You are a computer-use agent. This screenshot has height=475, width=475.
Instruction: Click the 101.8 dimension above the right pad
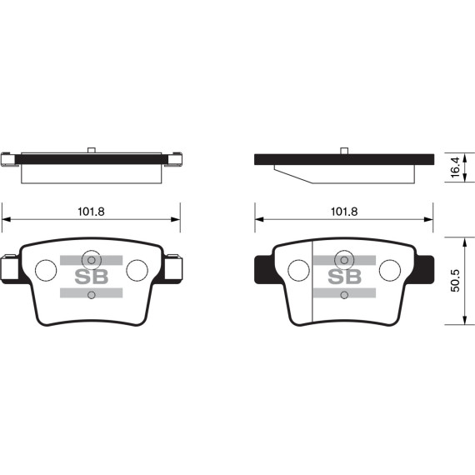click(343, 212)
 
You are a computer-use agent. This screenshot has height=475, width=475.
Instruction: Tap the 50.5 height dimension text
click(454, 279)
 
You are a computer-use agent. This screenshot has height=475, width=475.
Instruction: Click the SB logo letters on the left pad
click(92, 277)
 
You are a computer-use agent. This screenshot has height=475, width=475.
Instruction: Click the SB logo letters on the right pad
click(343, 277)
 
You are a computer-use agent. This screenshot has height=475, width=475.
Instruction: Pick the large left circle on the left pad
click(46, 270)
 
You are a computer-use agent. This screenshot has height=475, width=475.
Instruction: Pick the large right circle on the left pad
click(137, 270)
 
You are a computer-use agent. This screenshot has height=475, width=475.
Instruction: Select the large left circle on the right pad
click(297, 270)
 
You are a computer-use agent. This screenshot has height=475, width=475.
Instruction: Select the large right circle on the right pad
click(389, 270)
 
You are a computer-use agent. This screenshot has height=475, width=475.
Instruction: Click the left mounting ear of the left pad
click(9, 269)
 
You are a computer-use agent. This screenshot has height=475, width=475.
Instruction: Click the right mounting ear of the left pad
click(173, 269)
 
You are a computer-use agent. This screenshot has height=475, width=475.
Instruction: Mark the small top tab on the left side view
click(92, 150)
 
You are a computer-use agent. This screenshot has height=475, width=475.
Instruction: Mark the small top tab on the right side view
click(343, 150)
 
